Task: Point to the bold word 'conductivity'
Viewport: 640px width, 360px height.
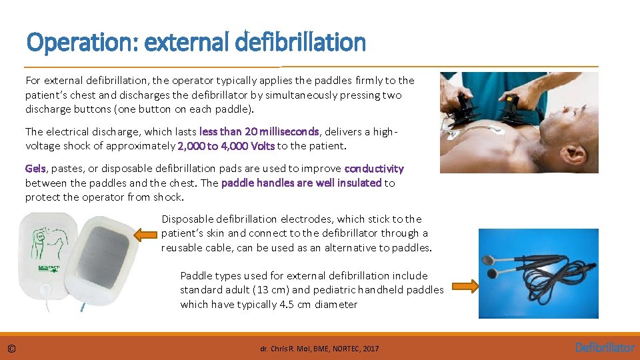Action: (x=374, y=169)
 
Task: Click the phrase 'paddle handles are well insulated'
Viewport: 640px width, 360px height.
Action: (x=301, y=183)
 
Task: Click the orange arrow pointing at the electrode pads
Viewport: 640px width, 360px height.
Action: (x=146, y=234)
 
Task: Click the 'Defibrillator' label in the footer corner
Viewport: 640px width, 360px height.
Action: (x=605, y=347)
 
